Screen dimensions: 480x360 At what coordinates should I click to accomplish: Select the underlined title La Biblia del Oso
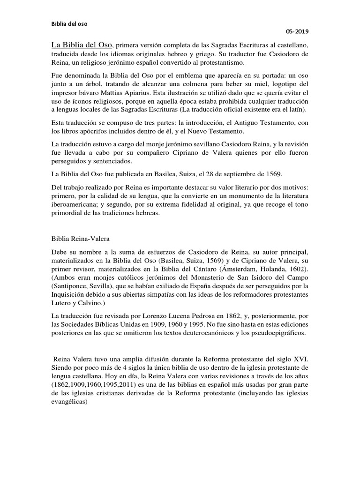[x=82, y=45]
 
